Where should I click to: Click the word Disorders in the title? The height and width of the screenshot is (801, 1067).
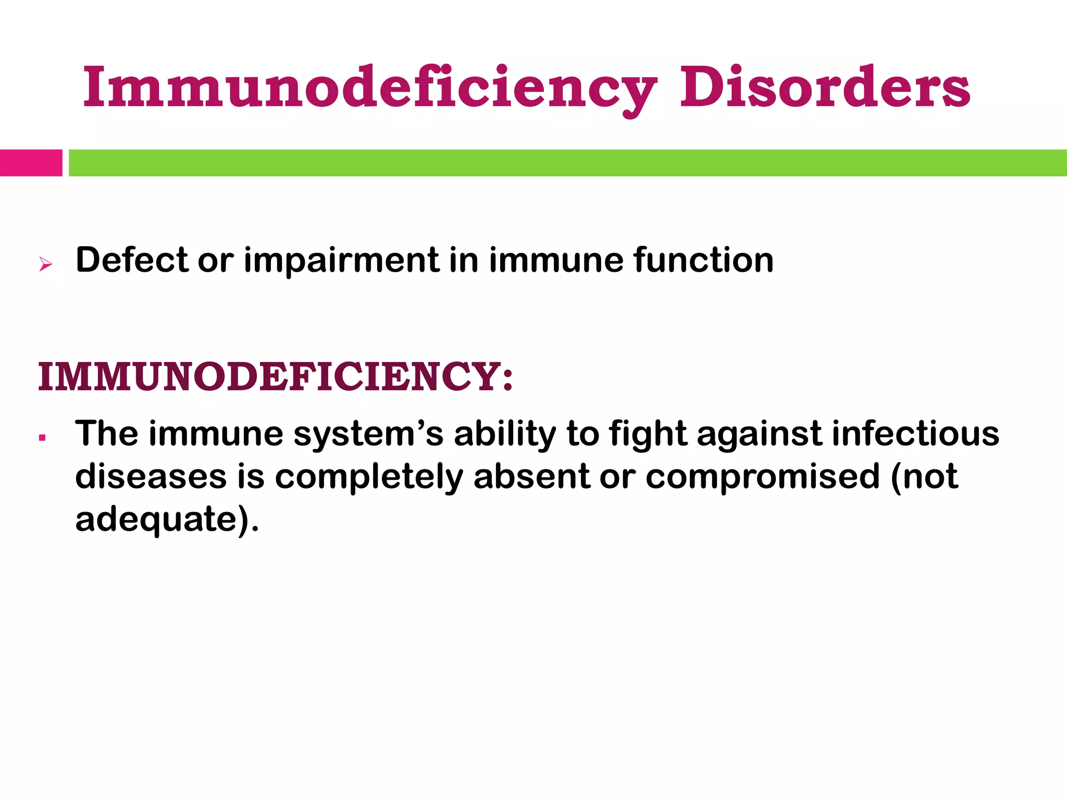click(x=825, y=88)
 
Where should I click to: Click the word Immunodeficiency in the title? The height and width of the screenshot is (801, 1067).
click(x=370, y=88)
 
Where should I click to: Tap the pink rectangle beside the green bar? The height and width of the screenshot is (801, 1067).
click(x=31, y=163)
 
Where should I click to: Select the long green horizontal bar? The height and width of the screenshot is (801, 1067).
click(x=567, y=163)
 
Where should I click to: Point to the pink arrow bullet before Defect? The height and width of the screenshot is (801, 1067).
click(x=45, y=264)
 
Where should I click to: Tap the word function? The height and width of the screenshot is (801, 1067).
click(x=703, y=260)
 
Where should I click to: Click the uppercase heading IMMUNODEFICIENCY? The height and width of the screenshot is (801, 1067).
click(x=276, y=377)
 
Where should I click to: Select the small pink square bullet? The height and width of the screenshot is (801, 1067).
click(x=42, y=438)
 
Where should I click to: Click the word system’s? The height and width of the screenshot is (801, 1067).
click(x=368, y=434)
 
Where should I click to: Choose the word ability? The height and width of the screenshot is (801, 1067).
click(x=505, y=434)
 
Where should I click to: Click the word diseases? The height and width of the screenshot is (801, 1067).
click(x=151, y=477)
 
